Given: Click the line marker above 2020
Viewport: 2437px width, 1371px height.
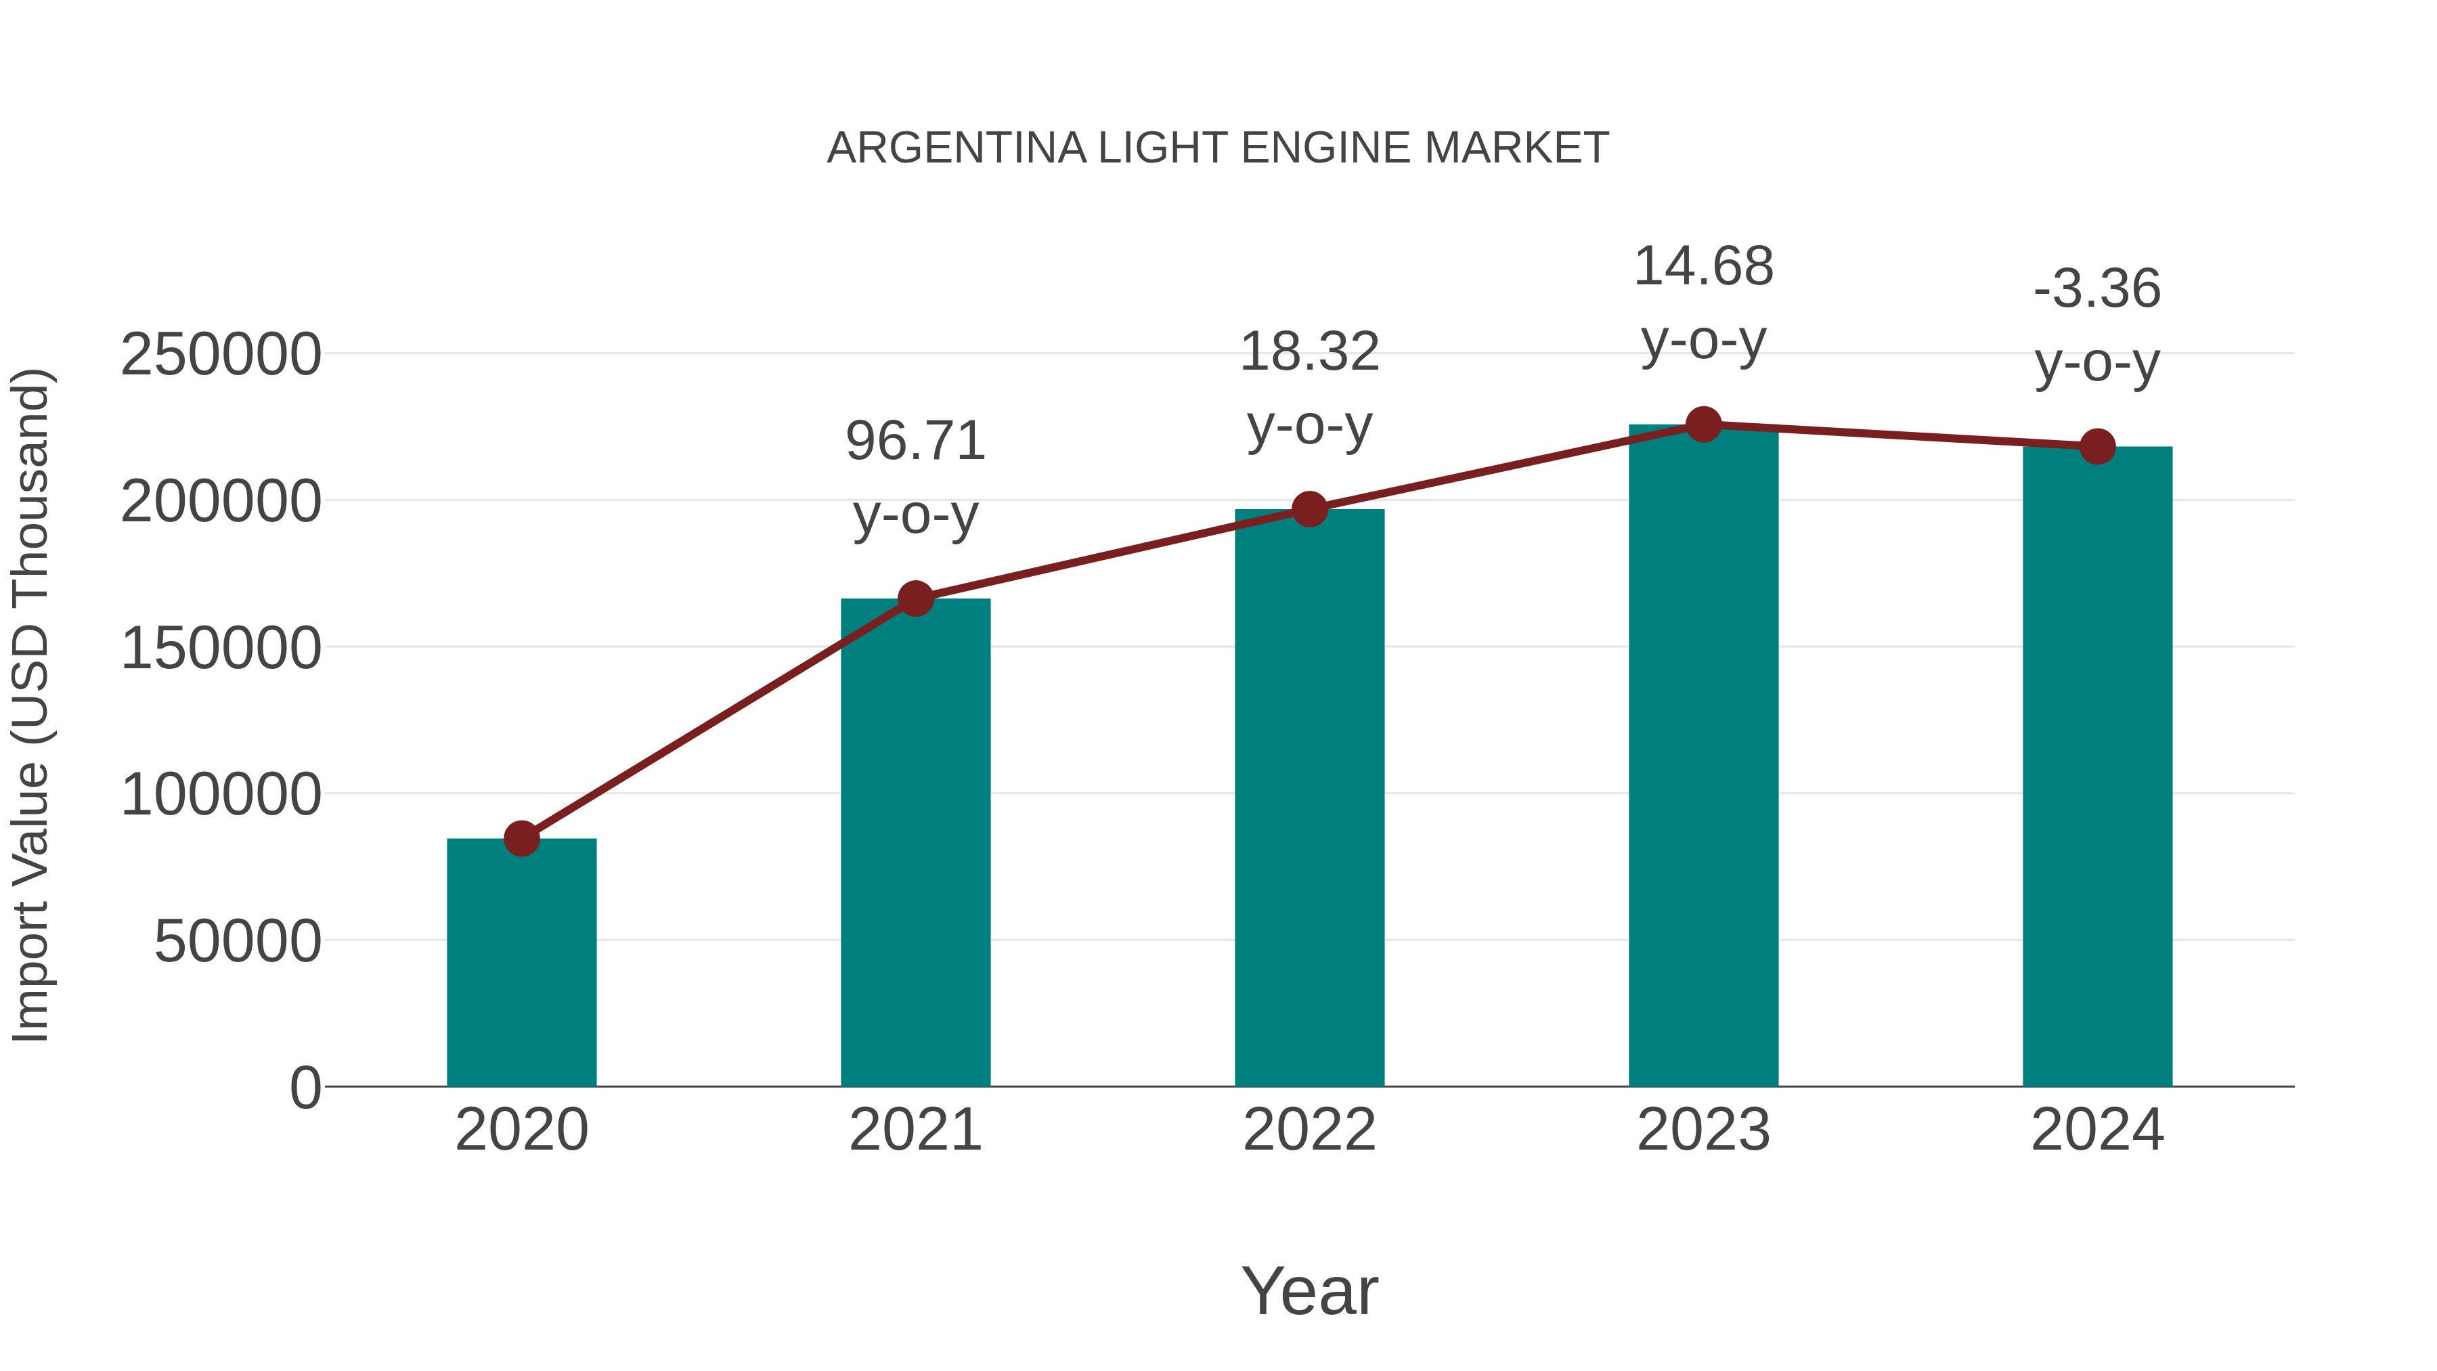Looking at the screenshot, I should [x=521, y=838].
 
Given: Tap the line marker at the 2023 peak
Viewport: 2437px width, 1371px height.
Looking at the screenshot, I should [x=1703, y=425].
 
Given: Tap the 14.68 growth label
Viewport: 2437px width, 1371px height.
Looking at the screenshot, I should [x=1703, y=267].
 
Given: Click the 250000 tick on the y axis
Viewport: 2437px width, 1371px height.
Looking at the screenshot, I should [x=221, y=355].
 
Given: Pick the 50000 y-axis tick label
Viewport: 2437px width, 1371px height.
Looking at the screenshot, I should [x=238, y=942].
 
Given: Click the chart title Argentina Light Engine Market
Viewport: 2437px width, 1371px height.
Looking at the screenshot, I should [x=1218, y=148].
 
